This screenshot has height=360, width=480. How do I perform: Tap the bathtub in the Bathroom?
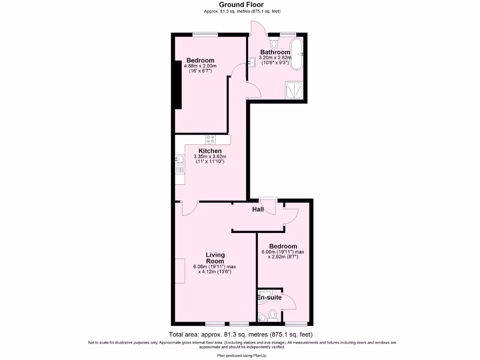pyautogui.click(x=297, y=54)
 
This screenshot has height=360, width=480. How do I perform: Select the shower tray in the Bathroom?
pyautogui.click(x=294, y=90)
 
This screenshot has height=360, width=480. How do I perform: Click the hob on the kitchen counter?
pyautogui.click(x=210, y=139)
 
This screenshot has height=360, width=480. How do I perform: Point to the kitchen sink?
pyautogui.click(x=179, y=161)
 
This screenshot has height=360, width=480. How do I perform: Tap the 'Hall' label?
pyautogui.click(x=258, y=210)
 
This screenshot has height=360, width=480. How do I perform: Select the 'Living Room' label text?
pyautogui.click(x=215, y=258)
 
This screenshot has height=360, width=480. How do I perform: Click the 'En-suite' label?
pyautogui.click(x=270, y=297)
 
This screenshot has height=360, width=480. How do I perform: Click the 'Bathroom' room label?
pyautogui.click(x=275, y=52)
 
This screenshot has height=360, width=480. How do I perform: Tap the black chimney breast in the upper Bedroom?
pyautogui.click(x=177, y=84)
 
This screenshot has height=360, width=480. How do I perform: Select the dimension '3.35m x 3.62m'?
pyautogui.click(x=210, y=157)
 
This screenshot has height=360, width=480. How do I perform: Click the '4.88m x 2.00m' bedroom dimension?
pyautogui.click(x=200, y=66)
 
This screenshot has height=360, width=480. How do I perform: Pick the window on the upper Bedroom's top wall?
pyautogui.click(x=205, y=34)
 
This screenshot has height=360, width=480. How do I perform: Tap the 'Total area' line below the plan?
pyautogui.click(x=240, y=335)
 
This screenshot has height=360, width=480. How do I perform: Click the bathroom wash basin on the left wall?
pyautogui.click(x=252, y=61)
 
